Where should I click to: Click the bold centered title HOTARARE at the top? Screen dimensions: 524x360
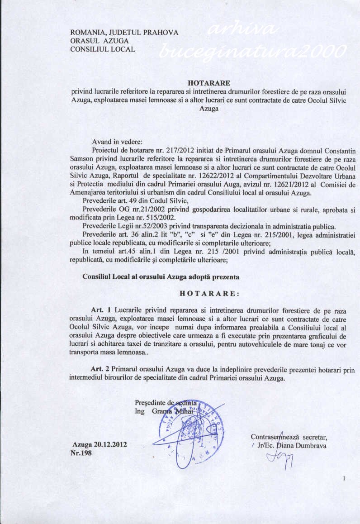coord(208,83)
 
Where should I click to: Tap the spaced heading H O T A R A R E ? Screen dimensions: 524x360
coord(208,293)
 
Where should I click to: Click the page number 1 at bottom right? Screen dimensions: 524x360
coord(344,479)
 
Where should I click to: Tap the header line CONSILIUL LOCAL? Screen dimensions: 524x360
coord(103,49)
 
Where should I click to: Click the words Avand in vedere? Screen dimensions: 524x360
coord(117,141)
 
